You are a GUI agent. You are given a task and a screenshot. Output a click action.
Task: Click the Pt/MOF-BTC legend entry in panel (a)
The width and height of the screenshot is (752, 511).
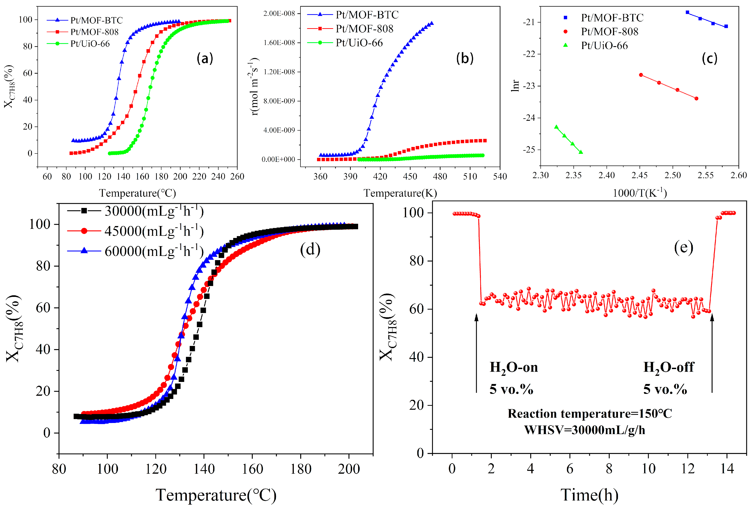pyautogui.click(x=96, y=20)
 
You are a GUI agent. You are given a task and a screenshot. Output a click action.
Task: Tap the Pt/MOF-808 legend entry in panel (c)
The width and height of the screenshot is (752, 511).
pyautogui.click(x=609, y=31)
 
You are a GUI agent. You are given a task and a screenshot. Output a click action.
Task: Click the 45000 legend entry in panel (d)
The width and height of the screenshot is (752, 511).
pyautogui.click(x=154, y=231)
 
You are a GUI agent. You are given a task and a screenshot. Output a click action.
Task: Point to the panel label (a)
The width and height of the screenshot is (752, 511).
pyautogui.click(x=205, y=58)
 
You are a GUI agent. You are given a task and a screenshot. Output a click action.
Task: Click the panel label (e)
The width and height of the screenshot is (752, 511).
pyautogui.click(x=683, y=247)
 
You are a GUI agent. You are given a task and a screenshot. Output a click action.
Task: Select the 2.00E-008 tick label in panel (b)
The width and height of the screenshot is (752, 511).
pyautogui.click(x=279, y=13)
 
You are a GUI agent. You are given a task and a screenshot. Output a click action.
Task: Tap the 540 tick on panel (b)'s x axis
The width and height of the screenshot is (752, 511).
pyautogui.click(x=499, y=177)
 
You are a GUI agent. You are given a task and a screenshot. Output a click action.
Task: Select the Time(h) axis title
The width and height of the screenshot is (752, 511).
pyautogui.click(x=589, y=495)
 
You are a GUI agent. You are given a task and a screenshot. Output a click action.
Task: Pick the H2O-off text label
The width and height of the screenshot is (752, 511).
pyautogui.click(x=668, y=367)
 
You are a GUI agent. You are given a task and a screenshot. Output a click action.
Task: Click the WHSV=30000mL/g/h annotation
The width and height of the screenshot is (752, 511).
pyautogui.click(x=584, y=430)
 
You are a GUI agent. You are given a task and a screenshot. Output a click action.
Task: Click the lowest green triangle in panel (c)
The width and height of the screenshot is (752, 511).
pyautogui.click(x=581, y=152)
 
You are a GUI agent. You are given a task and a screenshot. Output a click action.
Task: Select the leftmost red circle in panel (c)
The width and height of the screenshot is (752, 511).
pyautogui.click(x=641, y=75)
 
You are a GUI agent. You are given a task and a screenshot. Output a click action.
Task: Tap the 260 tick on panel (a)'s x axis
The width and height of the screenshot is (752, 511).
pyautogui.click(x=238, y=177)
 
